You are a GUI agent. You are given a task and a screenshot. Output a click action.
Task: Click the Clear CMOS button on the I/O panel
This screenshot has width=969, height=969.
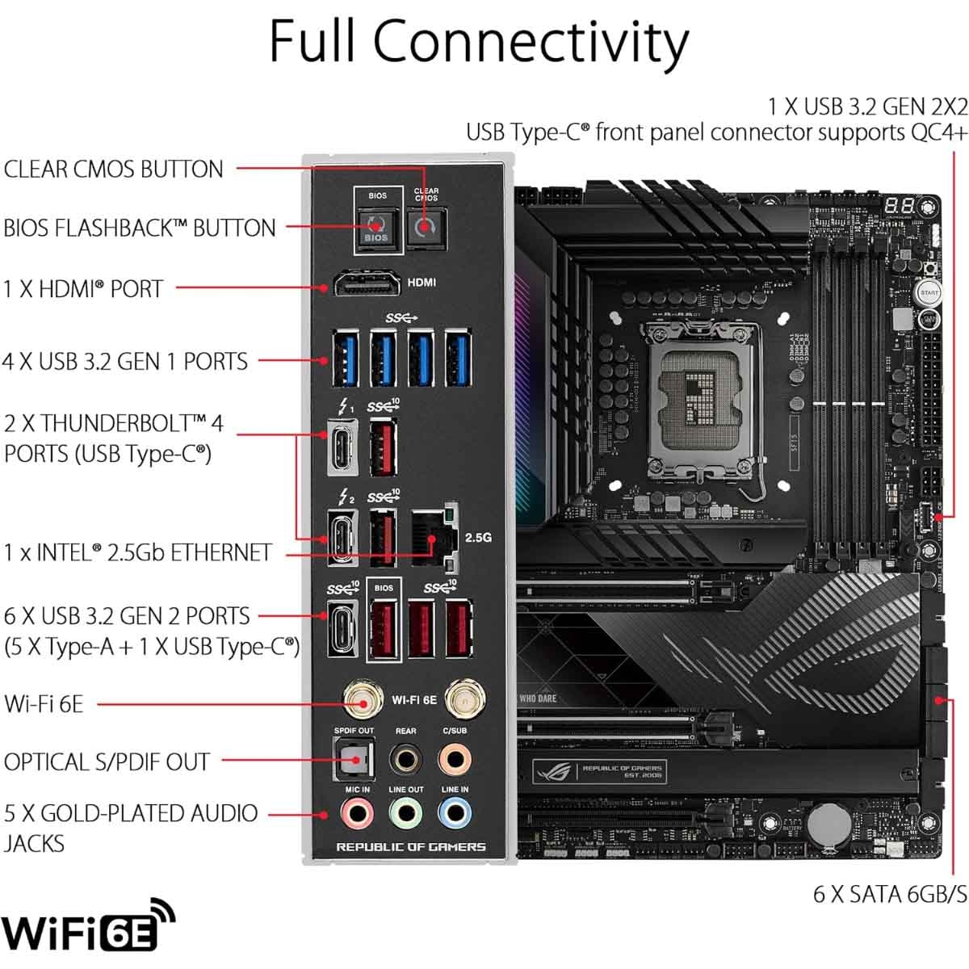click(x=426, y=228)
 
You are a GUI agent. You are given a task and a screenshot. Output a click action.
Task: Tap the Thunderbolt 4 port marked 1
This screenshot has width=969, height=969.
click(x=342, y=447)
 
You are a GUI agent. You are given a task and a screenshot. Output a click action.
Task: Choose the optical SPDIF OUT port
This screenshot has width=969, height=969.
click(x=354, y=760)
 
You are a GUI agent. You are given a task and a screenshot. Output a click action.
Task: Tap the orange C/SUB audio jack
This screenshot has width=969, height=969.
click(x=455, y=759)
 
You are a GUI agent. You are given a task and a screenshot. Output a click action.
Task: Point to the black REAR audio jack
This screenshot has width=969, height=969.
click(x=405, y=759)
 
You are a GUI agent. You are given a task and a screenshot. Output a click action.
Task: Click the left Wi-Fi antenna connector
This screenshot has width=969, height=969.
click(x=363, y=701)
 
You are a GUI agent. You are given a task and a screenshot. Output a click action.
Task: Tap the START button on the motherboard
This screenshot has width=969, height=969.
click(x=929, y=292)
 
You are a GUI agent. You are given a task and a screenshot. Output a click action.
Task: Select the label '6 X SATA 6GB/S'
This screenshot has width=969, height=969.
click(x=889, y=894)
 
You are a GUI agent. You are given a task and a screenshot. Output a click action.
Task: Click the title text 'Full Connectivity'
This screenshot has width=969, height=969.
click(x=479, y=40)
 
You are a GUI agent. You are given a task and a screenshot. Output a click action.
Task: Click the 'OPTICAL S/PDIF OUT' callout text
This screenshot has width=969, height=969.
click(x=107, y=761)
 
